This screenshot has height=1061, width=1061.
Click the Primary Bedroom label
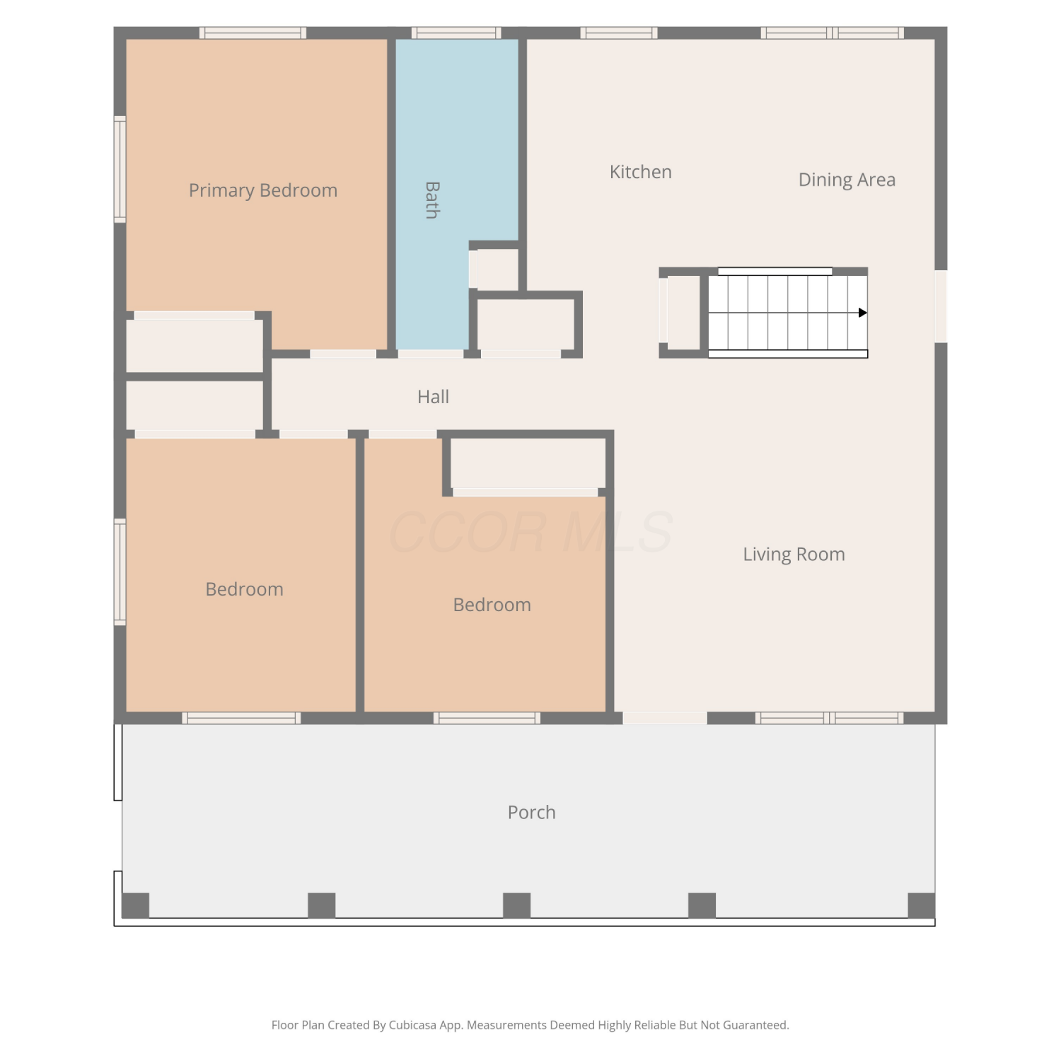tap(263, 190)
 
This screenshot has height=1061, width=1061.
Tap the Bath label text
tap(432, 200)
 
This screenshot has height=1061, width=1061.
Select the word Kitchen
tap(641, 172)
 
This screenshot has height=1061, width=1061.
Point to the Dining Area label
tap(847, 180)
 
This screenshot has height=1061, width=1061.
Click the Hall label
tap(433, 397)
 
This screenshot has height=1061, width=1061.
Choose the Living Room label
tap(794, 554)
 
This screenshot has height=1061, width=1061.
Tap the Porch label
tap(531, 812)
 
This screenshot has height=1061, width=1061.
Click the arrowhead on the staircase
tap(863, 313)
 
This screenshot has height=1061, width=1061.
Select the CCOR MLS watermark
tap(530, 533)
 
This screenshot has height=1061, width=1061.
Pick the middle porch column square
tap(516, 905)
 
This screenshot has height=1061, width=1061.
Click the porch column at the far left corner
tap(135, 905)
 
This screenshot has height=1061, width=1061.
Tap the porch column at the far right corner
tap(921, 905)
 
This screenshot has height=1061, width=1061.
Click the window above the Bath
tap(456, 33)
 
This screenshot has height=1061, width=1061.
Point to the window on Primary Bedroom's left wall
tap(120, 170)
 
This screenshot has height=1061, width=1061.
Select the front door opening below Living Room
tap(665, 718)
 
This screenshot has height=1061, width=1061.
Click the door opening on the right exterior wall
tap(941, 306)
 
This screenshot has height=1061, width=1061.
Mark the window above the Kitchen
tap(619, 33)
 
